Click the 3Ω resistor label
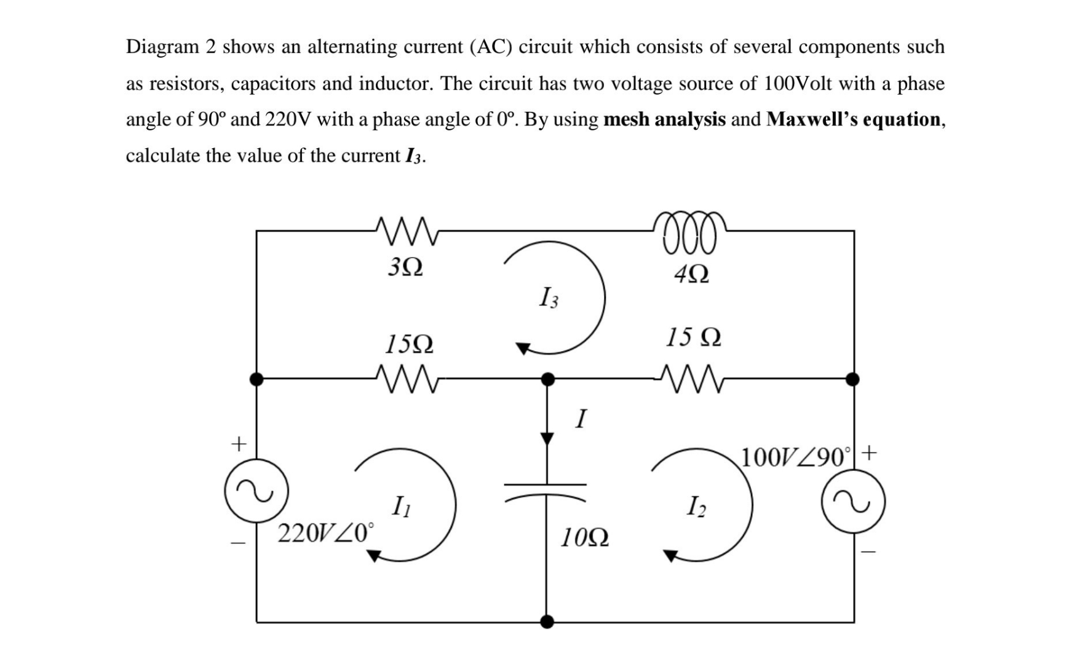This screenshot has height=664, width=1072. [x=406, y=267]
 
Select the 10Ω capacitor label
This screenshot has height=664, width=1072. [x=584, y=539]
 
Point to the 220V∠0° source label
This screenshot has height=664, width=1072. [x=325, y=532]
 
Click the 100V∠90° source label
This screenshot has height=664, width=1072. [x=797, y=457]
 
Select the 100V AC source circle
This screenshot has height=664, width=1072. [x=853, y=501]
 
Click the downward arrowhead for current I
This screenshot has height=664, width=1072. [x=547, y=438]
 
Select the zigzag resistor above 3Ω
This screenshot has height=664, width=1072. [x=406, y=232]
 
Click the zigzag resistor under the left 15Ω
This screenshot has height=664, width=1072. [x=406, y=379]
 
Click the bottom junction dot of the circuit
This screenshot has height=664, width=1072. [x=547, y=622]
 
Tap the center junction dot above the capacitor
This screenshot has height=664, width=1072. [x=547, y=379]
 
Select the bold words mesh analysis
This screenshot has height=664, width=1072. [x=664, y=119]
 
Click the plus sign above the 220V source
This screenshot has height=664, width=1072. [x=238, y=443]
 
